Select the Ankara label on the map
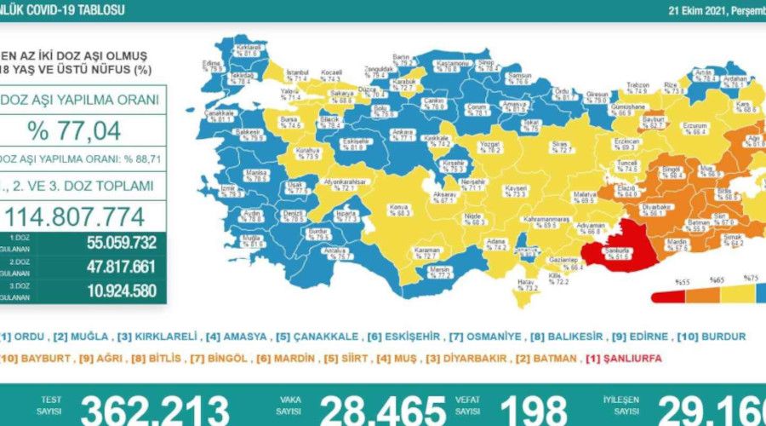pyautogui.click(x=404, y=134)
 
